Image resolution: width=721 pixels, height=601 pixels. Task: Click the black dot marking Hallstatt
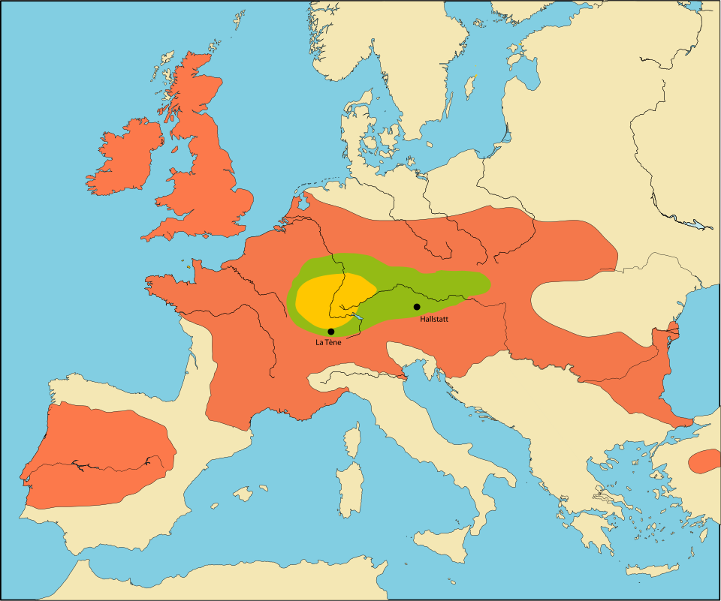click(x=417, y=307)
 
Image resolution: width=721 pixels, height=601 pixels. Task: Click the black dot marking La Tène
click(x=331, y=332)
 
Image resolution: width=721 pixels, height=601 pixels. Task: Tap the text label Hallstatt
click(x=435, y=319)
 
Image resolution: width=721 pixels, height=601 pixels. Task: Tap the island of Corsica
click(x=351, y=440)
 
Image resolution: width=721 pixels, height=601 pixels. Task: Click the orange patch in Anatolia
click(x=706, y=461)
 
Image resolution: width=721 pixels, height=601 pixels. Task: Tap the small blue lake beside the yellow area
click(x=359, y=317)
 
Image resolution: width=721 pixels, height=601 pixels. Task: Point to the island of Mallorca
click(x=242, y=494)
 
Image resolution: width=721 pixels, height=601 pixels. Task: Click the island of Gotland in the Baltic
click(x=470, y=86)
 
